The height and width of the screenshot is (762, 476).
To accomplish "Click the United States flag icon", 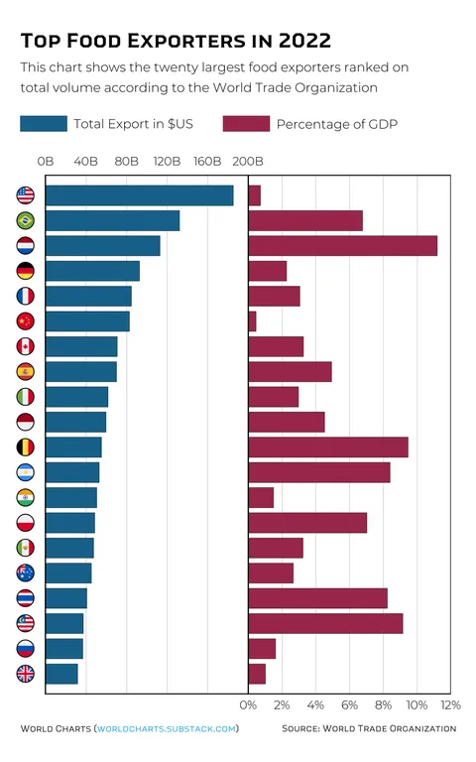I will coord(26,195).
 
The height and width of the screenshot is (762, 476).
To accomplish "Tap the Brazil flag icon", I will coord(26,220).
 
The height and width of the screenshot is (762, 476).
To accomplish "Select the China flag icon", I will coord(26,320).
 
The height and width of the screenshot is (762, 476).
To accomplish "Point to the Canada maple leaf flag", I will coord(26,346).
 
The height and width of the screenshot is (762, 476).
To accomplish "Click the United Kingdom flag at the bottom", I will coord(26,674).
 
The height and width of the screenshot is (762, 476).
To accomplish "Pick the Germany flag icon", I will coord(26,271).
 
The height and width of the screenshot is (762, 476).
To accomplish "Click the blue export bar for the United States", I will coord(139,195).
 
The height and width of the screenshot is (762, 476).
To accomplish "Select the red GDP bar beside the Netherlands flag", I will coord(342,246).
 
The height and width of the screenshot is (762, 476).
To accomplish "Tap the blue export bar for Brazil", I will coord(112,220).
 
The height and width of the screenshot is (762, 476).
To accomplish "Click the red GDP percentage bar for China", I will coord(252,321).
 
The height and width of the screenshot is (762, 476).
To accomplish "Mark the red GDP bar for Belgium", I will coord(327,447).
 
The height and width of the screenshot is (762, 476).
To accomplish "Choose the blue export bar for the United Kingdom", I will coord(61,674).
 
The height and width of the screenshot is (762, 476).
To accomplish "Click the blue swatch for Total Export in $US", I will coord(43,124).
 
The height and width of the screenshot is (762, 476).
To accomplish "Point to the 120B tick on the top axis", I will coord(167,161).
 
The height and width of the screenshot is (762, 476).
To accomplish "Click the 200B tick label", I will coord(247,161).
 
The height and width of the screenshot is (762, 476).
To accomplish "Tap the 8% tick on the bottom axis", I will coord(383,704).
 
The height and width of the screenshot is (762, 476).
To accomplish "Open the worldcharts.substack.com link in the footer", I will coord(167,728).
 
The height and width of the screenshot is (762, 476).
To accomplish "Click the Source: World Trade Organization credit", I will coord(369,728).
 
